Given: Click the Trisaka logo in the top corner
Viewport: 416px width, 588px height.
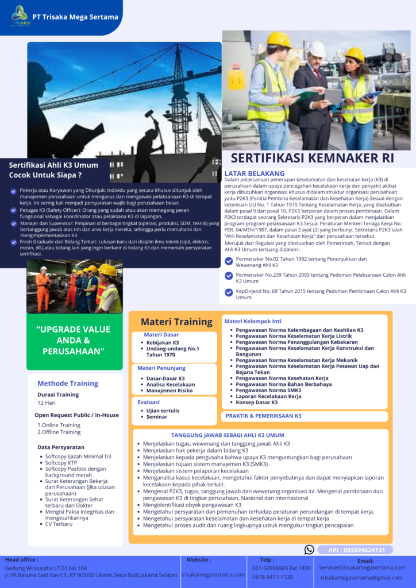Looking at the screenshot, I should coord(20,16).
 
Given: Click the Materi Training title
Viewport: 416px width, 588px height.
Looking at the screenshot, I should coord(176,322).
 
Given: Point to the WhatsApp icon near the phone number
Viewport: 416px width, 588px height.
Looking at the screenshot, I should coord(309,550).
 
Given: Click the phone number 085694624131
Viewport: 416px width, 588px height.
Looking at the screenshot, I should coord(361,550).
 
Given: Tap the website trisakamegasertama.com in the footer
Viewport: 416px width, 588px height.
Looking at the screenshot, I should coord(213,574).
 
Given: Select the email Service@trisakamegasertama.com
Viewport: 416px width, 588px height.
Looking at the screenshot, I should coord(362,567).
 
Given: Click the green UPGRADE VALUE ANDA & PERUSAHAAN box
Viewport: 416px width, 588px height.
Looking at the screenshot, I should coord(74,341).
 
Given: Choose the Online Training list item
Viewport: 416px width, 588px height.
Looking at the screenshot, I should coord(59,425).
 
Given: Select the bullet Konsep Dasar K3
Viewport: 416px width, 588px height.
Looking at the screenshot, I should coord(262,403).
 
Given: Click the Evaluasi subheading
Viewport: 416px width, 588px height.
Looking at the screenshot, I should coord(149,402).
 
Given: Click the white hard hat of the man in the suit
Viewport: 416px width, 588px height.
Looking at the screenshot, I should coord(317,49).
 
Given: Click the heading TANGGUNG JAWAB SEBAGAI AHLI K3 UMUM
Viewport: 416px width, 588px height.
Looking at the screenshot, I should coord(228,435).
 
